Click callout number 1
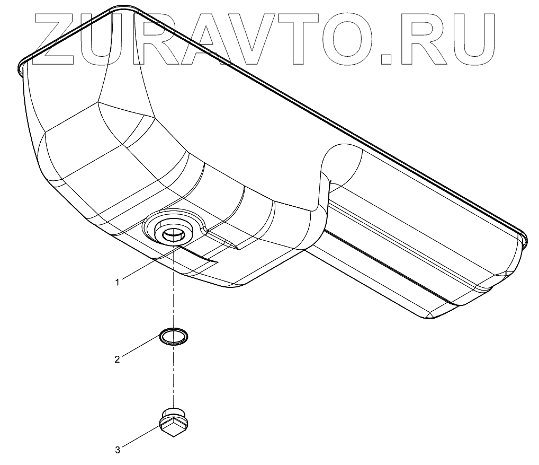(118, 282)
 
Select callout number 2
(118, 359)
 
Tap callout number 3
(118, 450)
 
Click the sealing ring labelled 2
(173, 336)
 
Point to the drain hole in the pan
(173, 233)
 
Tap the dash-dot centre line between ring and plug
(173, 376)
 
